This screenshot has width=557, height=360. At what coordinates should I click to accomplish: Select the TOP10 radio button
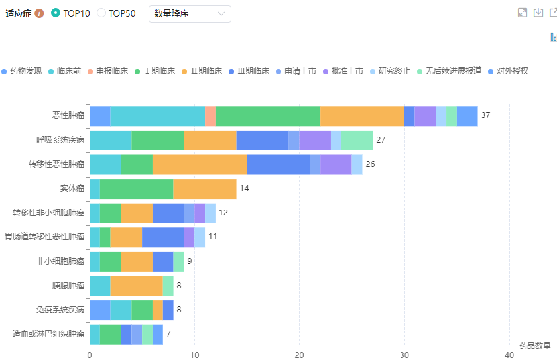56,13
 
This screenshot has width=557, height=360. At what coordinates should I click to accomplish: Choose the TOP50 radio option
101,13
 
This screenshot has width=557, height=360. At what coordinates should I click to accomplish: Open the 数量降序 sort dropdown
190,13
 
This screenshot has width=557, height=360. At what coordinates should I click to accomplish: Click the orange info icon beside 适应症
40,13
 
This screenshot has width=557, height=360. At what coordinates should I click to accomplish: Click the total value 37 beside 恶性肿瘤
485,115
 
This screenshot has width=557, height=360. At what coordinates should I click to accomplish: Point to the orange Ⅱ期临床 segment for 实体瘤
204,188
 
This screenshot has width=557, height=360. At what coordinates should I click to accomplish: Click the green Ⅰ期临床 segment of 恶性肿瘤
268,115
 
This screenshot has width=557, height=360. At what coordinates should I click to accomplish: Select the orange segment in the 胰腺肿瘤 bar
137,286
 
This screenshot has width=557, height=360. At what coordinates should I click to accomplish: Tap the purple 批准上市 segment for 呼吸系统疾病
315,140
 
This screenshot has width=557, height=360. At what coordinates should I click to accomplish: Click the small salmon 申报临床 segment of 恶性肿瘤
210,115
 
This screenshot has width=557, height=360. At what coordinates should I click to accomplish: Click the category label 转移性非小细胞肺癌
48,213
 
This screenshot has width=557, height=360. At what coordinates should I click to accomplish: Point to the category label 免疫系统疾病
60,310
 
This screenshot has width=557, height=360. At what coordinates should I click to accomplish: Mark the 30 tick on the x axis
404,355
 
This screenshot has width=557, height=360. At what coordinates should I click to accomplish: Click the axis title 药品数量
534,345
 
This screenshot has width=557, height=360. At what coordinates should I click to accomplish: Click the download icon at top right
538,13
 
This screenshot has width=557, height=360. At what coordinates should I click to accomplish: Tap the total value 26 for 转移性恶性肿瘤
370,164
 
